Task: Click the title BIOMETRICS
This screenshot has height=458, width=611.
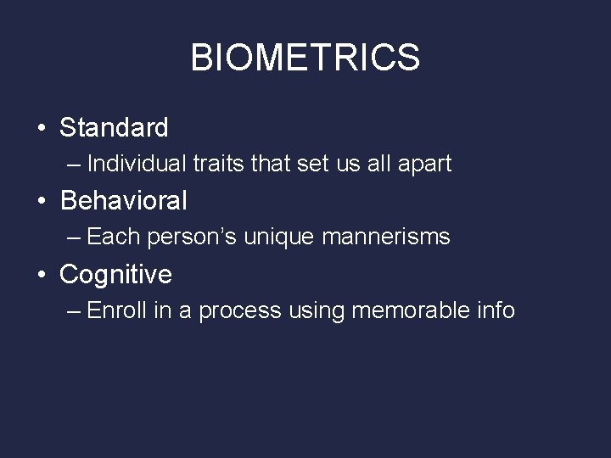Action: (x=305, y=58)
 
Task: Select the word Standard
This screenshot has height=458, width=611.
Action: (x=114, y=128)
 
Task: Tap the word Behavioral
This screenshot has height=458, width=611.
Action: (x=124, y=201)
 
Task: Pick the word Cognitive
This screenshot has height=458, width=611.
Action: (x=115, y=274)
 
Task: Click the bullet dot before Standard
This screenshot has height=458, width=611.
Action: (x=41, y=129)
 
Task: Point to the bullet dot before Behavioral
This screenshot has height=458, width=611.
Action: (x=41, y=202)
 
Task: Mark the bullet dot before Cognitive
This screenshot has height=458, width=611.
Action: (x=41, y=275)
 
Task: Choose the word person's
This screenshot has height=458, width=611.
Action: (x=193, y=237)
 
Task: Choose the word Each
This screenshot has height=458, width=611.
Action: (x=114, y=237)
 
